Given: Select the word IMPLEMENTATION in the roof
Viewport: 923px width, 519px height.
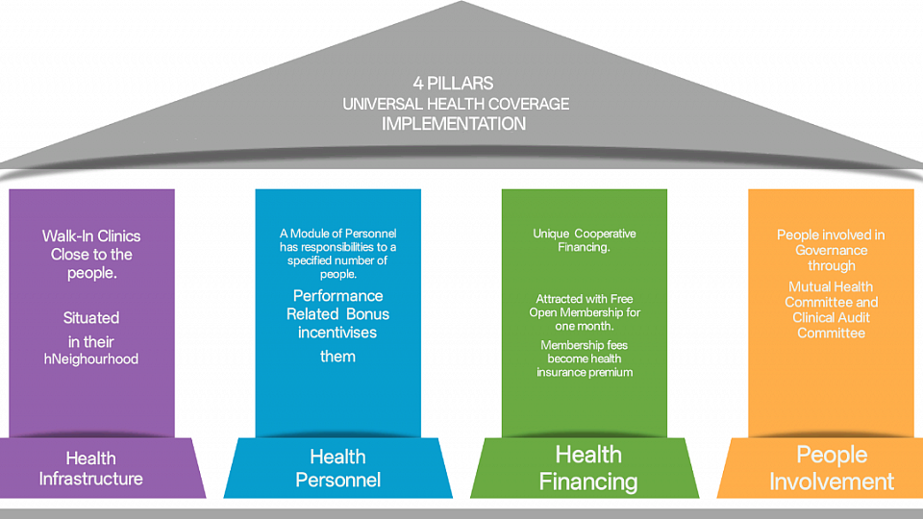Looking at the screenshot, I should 455,124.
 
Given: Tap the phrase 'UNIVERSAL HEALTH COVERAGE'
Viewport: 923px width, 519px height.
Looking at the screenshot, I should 456,104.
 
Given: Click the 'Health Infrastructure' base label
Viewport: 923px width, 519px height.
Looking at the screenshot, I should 91,468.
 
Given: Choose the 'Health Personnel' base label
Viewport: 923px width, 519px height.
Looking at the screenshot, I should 337,468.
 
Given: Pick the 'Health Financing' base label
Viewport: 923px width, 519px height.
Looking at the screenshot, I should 587,467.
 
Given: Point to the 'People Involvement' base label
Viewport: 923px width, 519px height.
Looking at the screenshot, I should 832,467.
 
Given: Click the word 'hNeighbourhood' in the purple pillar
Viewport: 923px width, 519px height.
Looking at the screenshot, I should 91,358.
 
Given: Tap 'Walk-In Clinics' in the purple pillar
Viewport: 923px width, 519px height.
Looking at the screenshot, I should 91,235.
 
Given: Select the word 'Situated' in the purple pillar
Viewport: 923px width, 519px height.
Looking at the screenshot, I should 91,317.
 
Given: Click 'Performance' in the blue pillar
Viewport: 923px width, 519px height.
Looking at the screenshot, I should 337,295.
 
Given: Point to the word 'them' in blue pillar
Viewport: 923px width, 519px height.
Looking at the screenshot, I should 337,357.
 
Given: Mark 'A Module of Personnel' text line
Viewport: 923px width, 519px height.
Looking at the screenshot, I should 337,234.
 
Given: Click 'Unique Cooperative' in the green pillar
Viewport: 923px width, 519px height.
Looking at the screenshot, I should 585,234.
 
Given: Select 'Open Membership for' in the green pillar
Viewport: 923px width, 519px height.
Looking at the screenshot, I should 585,313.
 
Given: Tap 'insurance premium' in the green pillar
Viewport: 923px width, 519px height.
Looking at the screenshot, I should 585,372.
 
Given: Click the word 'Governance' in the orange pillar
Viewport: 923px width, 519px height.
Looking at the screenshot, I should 831,250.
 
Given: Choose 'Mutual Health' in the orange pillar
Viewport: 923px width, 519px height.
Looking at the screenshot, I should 831,286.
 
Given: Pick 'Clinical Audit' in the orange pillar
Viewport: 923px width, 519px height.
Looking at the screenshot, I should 831,317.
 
